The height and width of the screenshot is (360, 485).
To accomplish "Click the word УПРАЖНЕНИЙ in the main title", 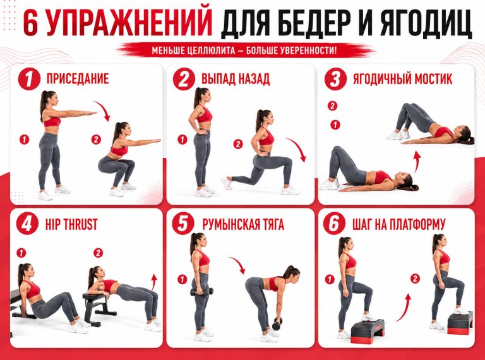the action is (x=129, y=23).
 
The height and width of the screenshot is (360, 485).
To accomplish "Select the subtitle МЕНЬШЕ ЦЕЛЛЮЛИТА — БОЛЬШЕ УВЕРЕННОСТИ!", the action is (x=244, y=50).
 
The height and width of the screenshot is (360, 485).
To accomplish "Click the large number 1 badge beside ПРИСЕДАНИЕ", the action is (x=29, y=79).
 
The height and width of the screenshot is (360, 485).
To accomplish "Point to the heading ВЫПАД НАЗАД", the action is (x=236, y=79).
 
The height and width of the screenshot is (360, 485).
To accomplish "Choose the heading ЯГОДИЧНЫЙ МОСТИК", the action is (x=402, y=79).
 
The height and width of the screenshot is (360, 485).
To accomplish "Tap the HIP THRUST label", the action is (x=71, y=224).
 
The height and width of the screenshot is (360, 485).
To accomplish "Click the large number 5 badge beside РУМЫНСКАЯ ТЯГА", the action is (x=183, y=224).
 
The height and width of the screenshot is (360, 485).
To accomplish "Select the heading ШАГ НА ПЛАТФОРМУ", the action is (x=398, y=224).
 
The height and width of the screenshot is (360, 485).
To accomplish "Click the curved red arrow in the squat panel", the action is (x=104, y=109).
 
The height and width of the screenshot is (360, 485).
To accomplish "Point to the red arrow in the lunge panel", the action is (x=298, y=148).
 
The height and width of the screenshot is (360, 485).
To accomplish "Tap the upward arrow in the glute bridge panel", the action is (x=417, y=162).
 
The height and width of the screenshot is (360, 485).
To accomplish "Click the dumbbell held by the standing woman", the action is (x=201, y=292).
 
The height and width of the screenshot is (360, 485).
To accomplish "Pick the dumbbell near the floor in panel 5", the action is (x=277, y=323).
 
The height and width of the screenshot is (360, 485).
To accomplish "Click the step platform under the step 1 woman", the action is (x=368, y=331).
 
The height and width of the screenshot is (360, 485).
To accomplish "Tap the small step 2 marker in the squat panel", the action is (x=96, y=140).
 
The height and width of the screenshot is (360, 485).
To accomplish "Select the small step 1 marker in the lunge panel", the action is (x=182, y=140).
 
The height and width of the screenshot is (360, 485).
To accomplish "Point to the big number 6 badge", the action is (x=334, y=224).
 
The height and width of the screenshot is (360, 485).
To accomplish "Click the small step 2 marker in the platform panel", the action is (x=415, y=279).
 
